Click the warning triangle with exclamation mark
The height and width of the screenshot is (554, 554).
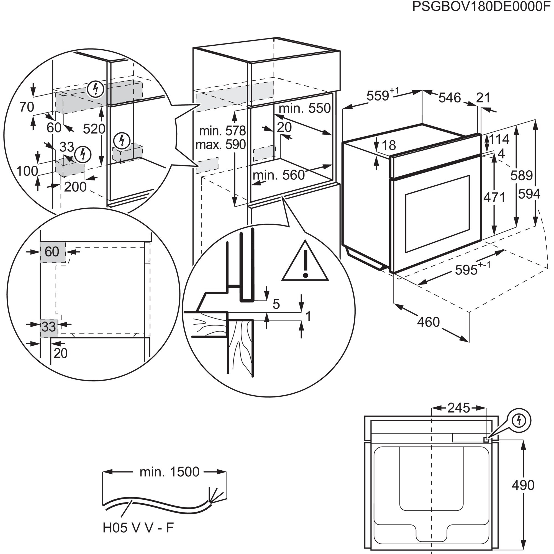pyautogui.click(x=305, y=263)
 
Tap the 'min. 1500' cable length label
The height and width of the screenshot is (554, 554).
pyautogui.click(x=169, y=472)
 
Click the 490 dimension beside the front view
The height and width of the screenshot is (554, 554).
pyautogui.click(x=523, y=485)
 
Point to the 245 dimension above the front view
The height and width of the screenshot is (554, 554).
pyautogui.click(x=459, y=408)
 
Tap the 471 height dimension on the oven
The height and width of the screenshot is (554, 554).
pyautogui.click(x=494, y=197)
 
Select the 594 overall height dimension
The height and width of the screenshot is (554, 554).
pyautogui.click(x=529, y=194)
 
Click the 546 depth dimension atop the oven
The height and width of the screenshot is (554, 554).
pyautogui.click(x=449, y=98)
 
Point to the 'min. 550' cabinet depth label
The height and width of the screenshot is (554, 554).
pyautogui.click(x=304, y=108)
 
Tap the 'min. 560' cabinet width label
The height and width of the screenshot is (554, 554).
pyautogui.click(x=278, y=175)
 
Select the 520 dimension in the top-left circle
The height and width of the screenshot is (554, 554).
pyautogui.click(x=94, y=129)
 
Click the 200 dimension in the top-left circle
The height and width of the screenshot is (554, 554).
pyautogui.click(x=75, y=187)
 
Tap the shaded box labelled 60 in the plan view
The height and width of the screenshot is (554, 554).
pyautogui.click(x=52, y=252)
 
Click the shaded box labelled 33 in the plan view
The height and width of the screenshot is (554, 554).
pyautogui.click(x=49, y=327)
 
